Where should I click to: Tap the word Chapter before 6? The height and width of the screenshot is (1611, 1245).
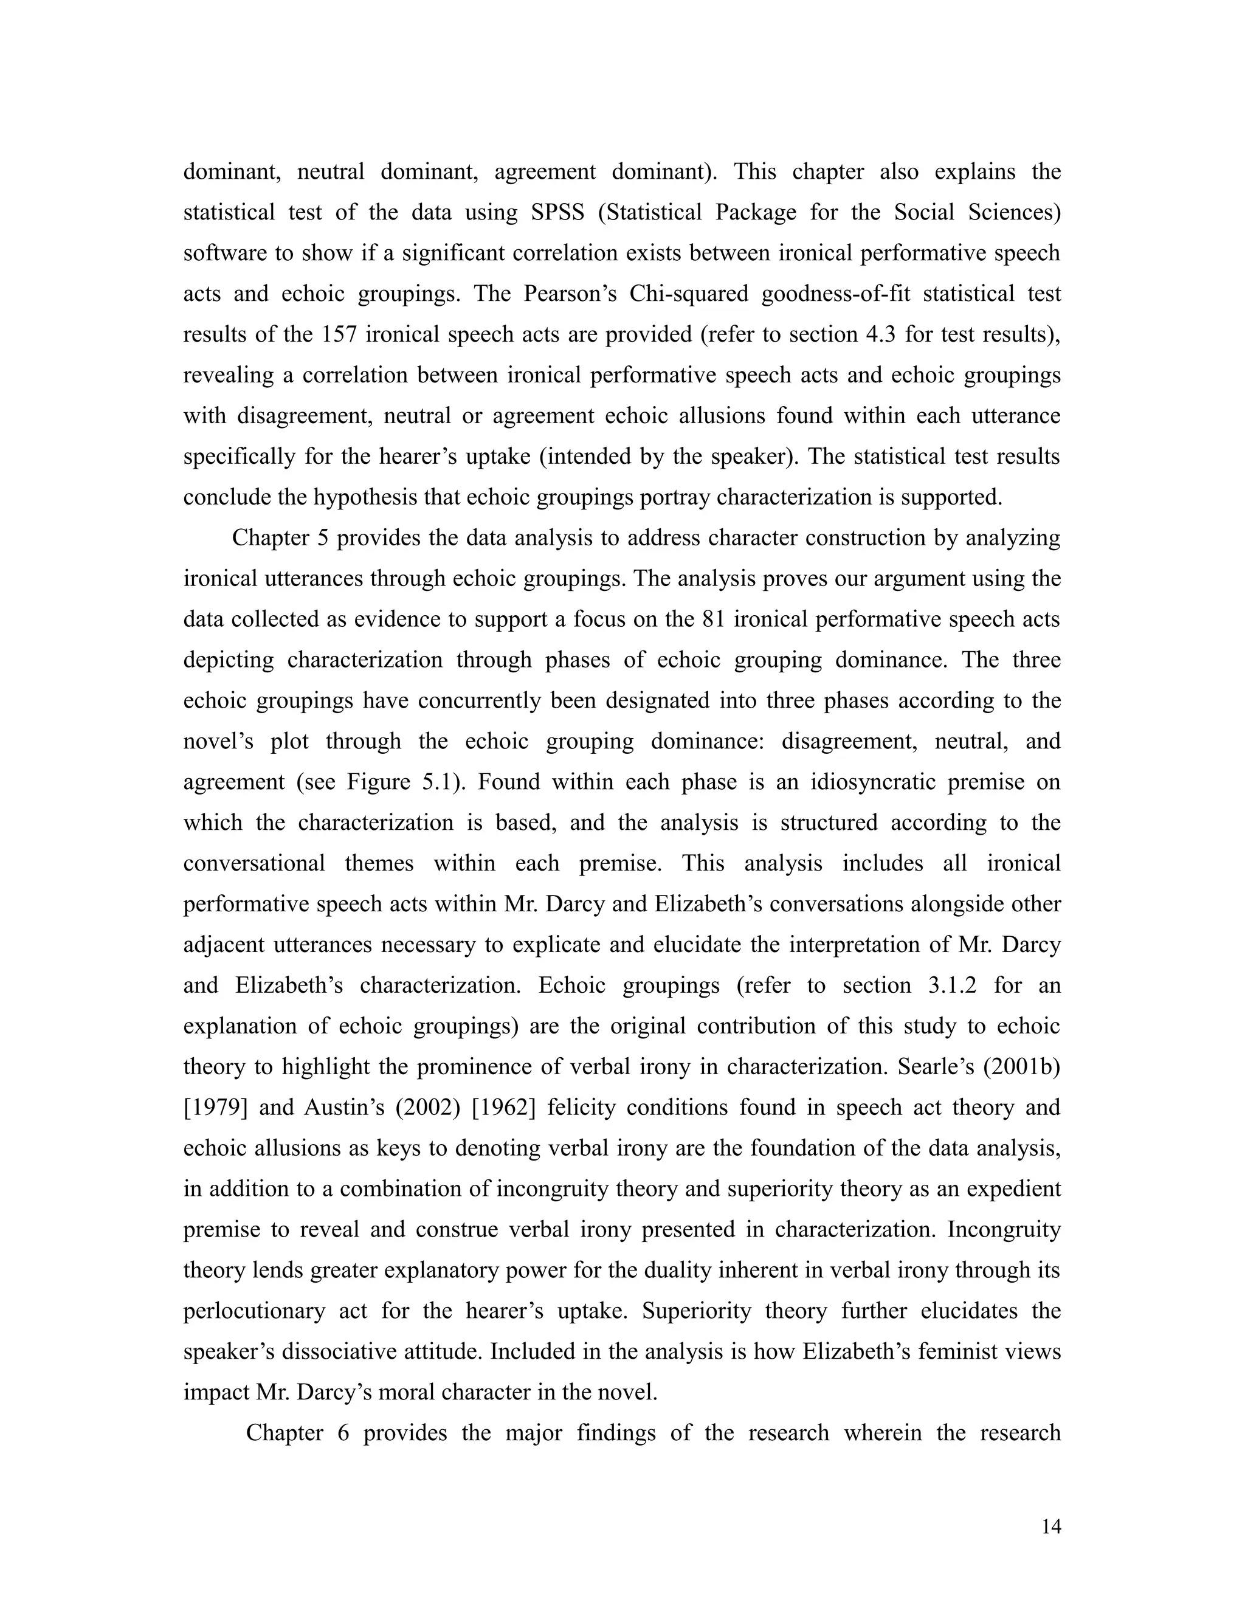coord(284,1432)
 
